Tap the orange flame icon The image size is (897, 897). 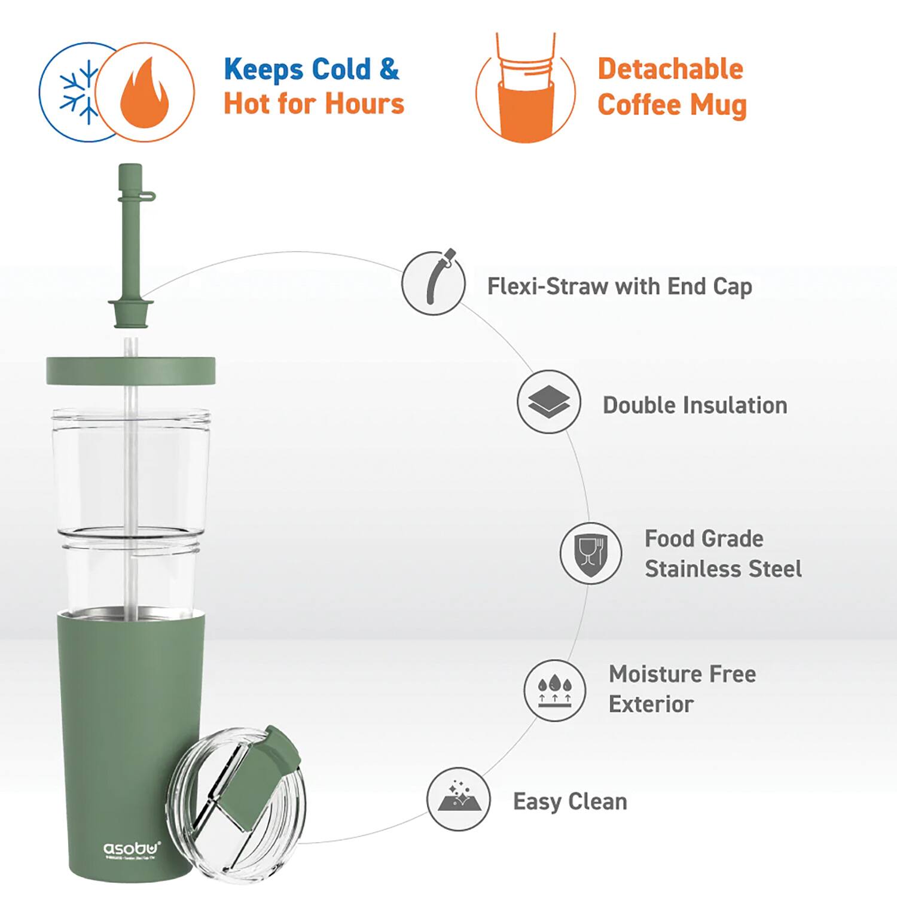[144, 93]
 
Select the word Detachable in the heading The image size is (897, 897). [670, 69]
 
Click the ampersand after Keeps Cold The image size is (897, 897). [389, 69]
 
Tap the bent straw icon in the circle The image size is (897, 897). [434, 282]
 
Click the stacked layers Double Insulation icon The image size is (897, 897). [548, 402]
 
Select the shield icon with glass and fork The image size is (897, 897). [590, 553]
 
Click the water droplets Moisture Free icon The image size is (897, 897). [554, 690]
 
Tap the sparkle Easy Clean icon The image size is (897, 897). [458, 799]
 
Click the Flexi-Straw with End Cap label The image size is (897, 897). [619, 286]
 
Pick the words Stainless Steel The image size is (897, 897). [722, 569]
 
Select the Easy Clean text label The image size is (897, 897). [570, 801]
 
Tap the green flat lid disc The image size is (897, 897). [130, 370]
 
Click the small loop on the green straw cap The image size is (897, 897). [149, 196]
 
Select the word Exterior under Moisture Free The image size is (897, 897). [651, 704]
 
